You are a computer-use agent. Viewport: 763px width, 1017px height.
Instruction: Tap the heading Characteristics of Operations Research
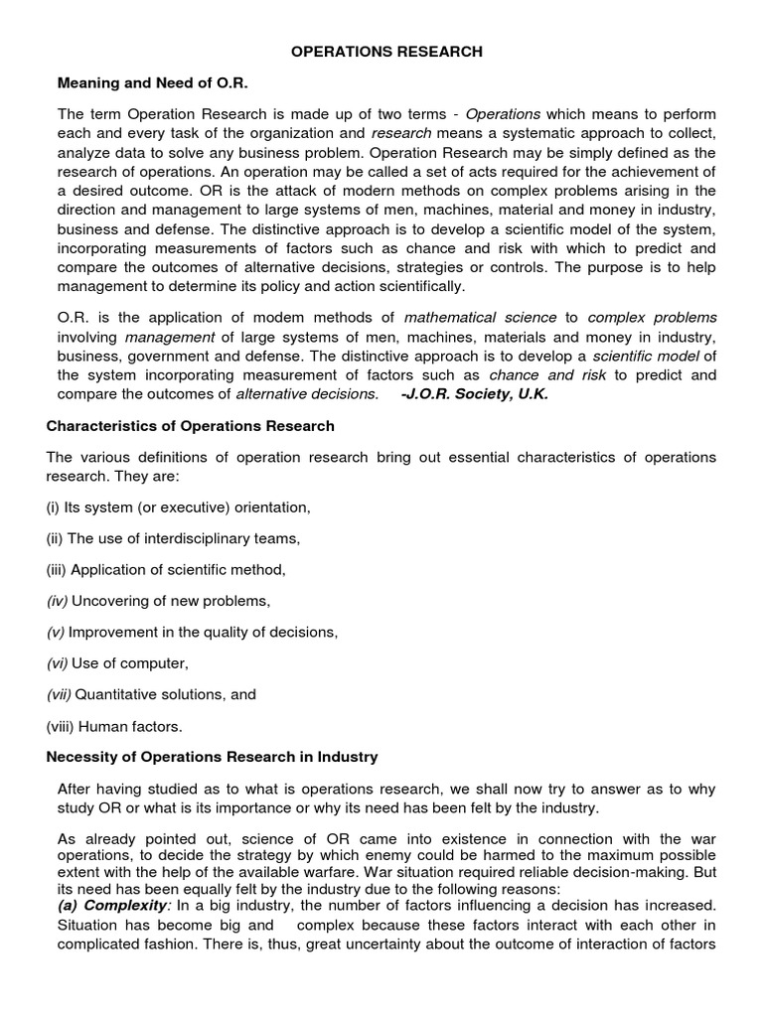[191, 426]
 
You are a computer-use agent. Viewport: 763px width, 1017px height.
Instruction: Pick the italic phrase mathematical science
[481, 318]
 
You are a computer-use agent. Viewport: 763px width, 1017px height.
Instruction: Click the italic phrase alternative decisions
[307, 394]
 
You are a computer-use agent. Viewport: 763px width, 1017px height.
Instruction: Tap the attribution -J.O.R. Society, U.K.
[474, 394]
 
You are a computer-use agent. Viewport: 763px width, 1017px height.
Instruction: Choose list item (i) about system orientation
[179, 508]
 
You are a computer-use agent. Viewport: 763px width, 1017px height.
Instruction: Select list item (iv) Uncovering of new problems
[159, 601]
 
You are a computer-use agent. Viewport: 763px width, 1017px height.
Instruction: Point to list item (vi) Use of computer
[117, 662]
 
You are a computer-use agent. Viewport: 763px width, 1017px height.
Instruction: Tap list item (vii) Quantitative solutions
[151, 694]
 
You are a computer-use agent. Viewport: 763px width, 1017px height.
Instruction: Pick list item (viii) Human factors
[114, 725]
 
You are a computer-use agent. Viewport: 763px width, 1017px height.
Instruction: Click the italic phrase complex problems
[652, 318]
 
